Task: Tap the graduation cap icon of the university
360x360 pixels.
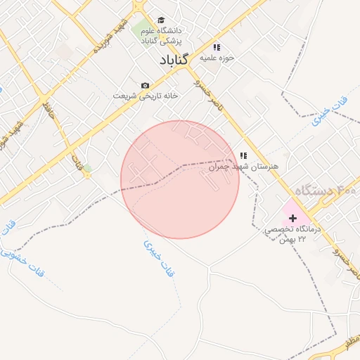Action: [x=161, y=20]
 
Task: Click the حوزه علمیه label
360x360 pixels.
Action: [x=217, y=58]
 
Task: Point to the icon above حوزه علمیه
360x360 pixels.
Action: [x=217, y=46]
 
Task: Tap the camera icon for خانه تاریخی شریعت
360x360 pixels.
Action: [x=145, y=85]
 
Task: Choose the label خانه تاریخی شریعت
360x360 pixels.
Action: [x=143, y=96]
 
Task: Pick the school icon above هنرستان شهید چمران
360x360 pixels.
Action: [x=243, y=155]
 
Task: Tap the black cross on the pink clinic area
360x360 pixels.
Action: [x=292, y=219]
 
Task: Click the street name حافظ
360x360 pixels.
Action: [x=48, y=109]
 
